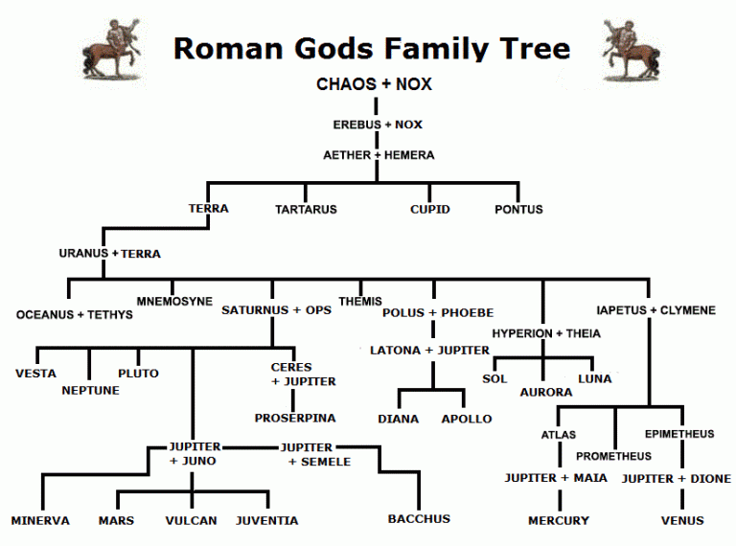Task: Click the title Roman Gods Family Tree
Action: [x=372, y=48]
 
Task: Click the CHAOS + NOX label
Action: [x=374, y=84]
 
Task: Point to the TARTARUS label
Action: [x=306, y=209]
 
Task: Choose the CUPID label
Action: [x=429, y=209]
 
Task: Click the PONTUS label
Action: [x=518, y=209]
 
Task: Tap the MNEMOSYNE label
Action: [x=174, y=301]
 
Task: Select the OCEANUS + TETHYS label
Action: [x=75, y=314]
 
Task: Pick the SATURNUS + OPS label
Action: [x=277, y=310]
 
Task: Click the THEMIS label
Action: [x=360, y=301]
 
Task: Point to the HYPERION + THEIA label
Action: [x=546, y=333]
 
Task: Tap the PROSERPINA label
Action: [x=295, y=418]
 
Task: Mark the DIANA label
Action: [x=398, y=419]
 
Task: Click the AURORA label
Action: [x=546, y=392]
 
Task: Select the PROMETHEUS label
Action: [x=613, y=456]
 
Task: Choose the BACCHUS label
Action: [x=419, y=518]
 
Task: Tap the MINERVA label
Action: [x=40, y=521]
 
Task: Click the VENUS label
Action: [x=682, y=521]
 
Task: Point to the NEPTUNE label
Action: [x=91, y=390]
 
